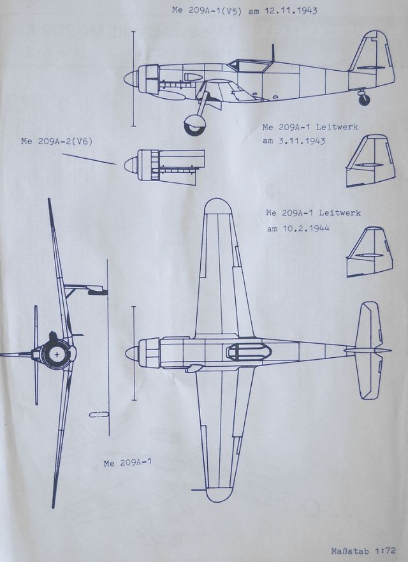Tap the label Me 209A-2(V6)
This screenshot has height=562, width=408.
click(57, 141)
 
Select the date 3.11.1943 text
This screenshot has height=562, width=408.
click(294, 141)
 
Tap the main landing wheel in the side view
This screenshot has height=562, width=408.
click(194, 124)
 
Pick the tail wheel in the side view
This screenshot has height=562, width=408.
click(363, 100)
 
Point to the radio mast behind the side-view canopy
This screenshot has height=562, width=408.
click(273, 54)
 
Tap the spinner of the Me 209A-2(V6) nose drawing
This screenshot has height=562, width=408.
click(129, 164)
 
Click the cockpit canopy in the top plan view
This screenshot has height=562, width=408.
click(245, 350)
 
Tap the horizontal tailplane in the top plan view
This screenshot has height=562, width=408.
click(370, 350)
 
